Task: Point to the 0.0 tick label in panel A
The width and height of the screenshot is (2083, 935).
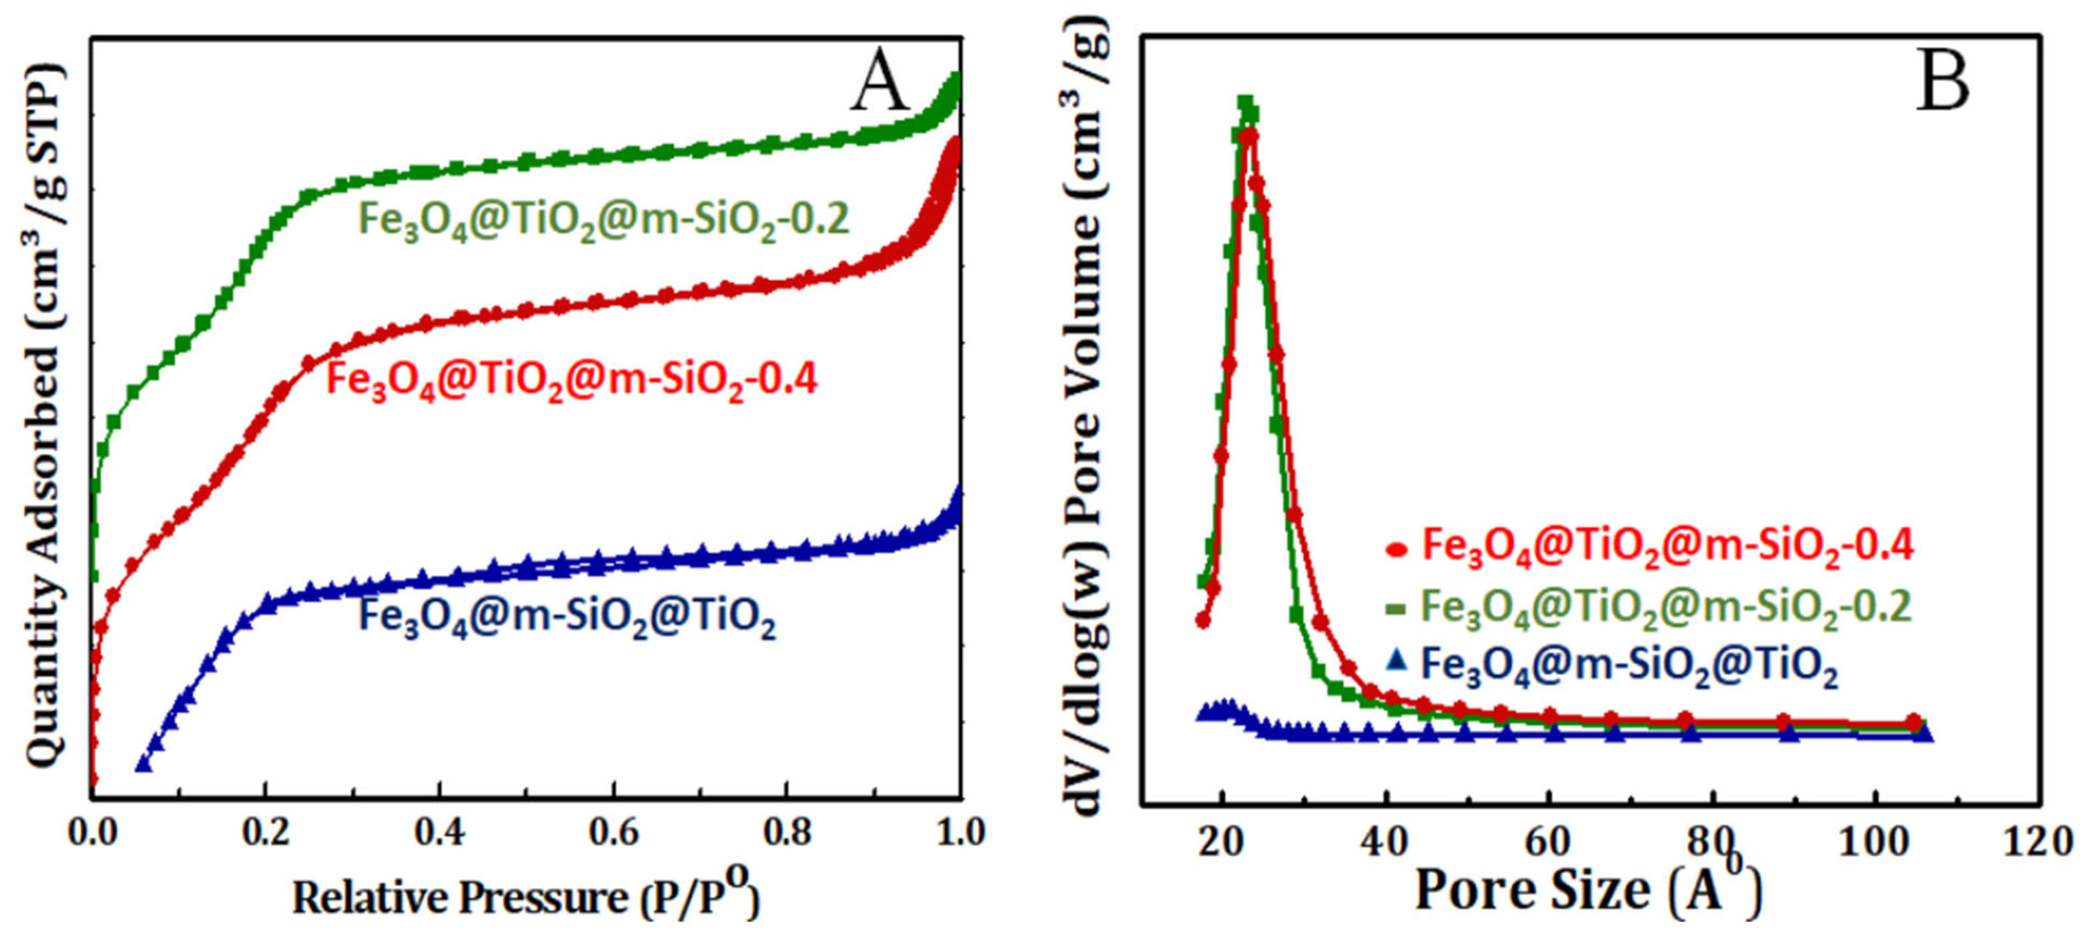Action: pos(93,832)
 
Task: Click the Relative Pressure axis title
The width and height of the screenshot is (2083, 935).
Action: pos(526,897)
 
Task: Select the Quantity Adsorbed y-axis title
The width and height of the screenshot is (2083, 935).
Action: pos(44,416)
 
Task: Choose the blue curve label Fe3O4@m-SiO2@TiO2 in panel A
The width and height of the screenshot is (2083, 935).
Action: pos(566,617)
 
